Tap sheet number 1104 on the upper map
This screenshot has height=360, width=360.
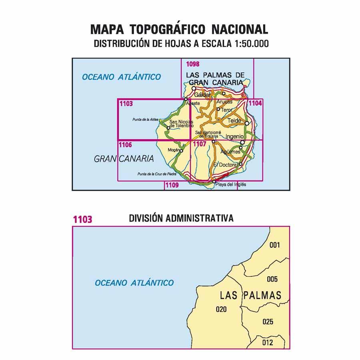coord(255,103)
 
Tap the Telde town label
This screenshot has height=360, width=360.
coord(234,120)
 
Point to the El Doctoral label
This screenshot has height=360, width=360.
coord(226,164)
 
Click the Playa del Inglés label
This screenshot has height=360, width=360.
coord(231,185)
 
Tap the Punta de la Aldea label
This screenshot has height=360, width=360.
coord(145,119)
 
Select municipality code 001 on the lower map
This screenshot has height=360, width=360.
coord(274,245)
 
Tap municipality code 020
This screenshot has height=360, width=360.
coord(221,309)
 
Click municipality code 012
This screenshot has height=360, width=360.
coord(268,342)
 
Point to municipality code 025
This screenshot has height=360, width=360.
coord(268,322)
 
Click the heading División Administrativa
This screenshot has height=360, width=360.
coord(181,218)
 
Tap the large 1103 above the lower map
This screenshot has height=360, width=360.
coord(82,219)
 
